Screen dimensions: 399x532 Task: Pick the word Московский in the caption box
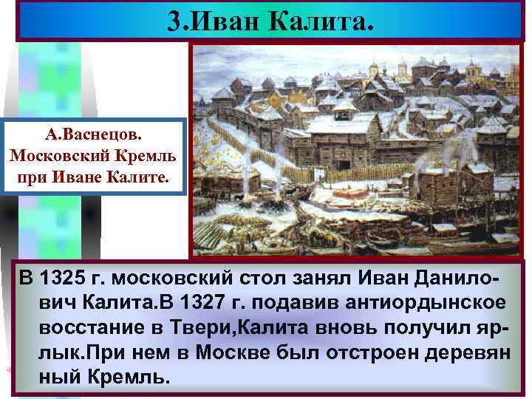point(69,157)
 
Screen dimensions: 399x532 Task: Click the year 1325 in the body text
point(70,280)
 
